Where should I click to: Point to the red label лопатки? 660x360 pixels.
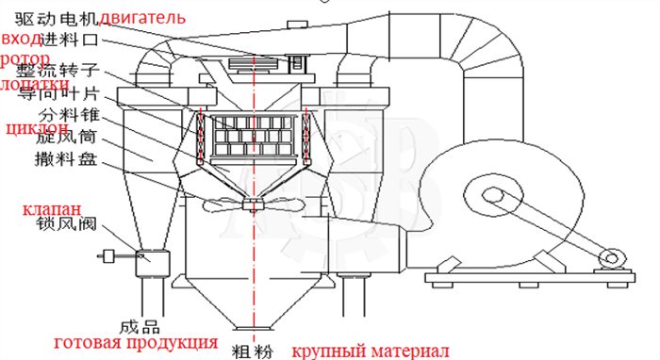pyautogui.click(x=34, y=83)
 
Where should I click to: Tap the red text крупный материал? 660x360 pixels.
pyautogui.click(x=370, y=351)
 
